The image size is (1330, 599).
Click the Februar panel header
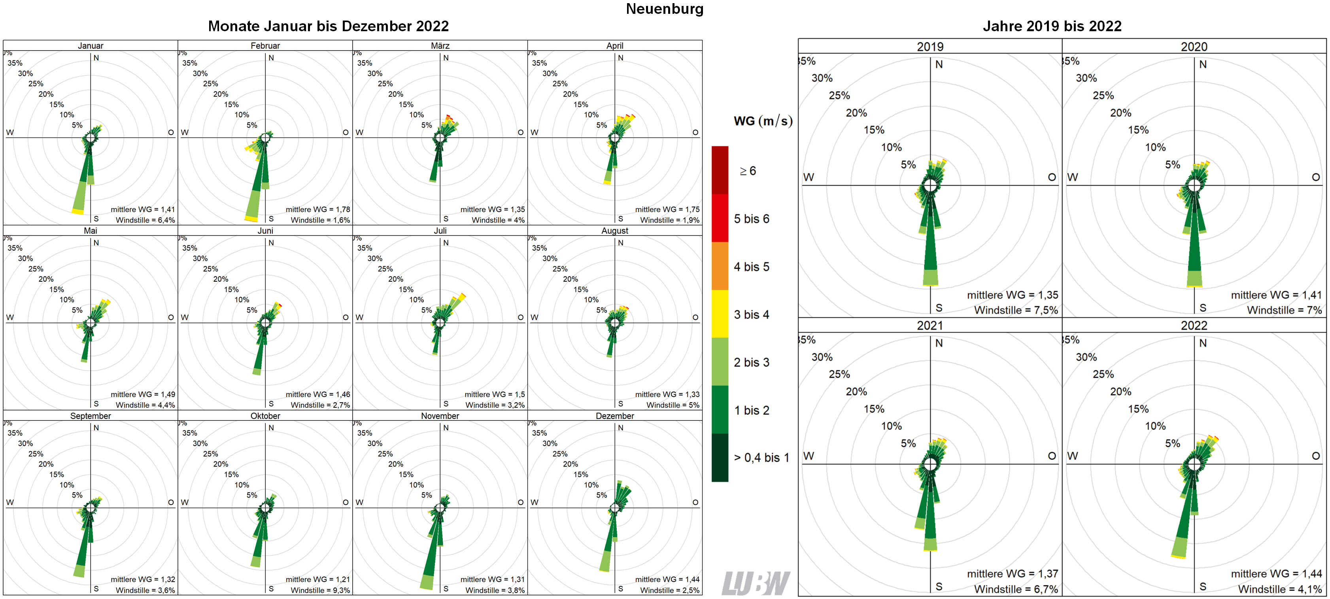(x=265, y=45)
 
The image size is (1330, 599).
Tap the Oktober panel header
(x=265, y=416)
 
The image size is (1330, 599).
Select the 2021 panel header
(x=929, y=326)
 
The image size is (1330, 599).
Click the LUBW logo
(x=756, y=583)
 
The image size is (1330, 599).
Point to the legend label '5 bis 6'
(x=751, y=219)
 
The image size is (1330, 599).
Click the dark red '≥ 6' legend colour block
(x=720, y=170)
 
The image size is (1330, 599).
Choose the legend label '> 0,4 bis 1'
(x=761, y=458)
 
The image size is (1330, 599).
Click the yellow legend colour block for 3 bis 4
(x=720, y=314)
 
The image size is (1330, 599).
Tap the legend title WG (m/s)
(x=763, y=121)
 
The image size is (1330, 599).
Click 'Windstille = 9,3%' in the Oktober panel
(x=320, y=590)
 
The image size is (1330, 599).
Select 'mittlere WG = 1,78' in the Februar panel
(x=317, y=209)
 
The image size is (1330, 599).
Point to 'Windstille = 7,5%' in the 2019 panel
(x=1016, y=310)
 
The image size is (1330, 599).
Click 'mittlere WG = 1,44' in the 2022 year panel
(x=1276, y=574)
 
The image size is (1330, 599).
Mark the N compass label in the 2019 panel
(x=939, y=64)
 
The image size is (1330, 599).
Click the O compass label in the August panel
(x=695, y=317)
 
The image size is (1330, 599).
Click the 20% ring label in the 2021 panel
(x=856, y=392)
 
